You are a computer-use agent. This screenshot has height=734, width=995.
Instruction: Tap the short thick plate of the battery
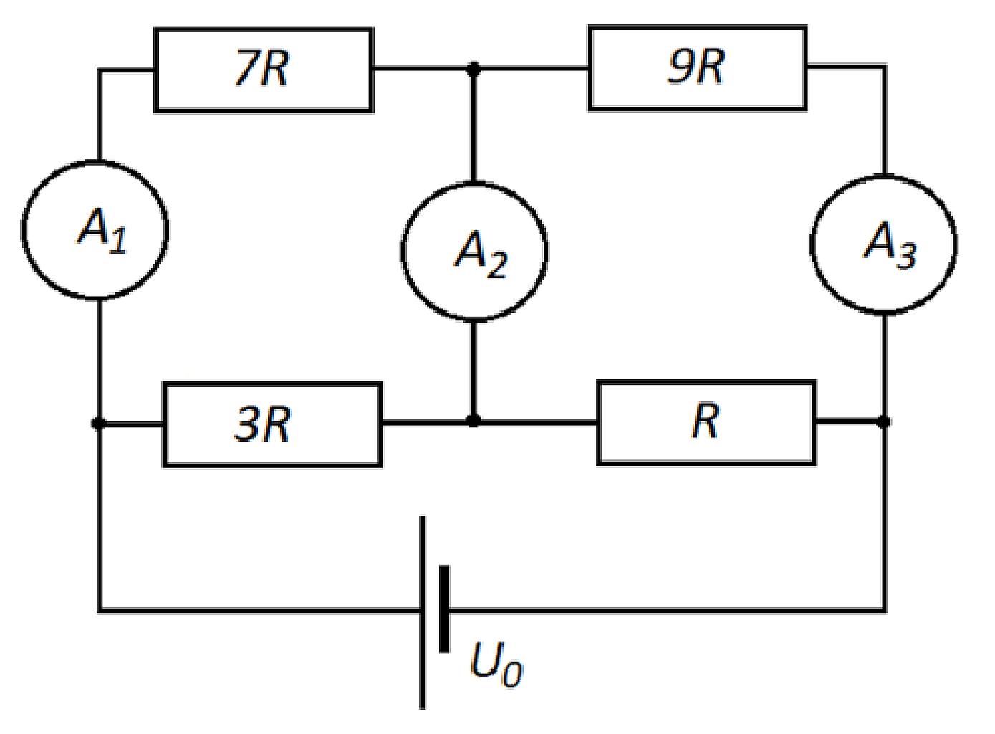tap(444, 609)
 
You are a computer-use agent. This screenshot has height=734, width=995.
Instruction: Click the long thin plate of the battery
tap(422, 612)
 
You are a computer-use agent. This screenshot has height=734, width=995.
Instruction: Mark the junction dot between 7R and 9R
tap(474, 70)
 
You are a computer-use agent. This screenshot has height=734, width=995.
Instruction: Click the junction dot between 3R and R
tap(474, 419)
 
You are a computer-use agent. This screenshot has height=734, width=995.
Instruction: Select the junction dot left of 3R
tap(99, 423)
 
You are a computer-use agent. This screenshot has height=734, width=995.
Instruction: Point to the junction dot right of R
tap(884, 421)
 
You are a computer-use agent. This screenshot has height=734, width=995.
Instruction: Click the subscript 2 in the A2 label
tap(496, 267)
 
